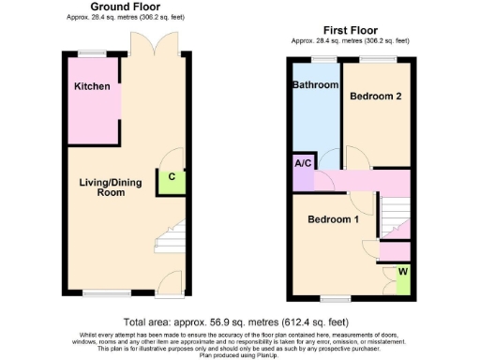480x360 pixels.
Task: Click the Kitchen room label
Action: (x=92, y=86)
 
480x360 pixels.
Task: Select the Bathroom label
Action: (x=315, y=85)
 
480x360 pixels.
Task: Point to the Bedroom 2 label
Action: (x=375, y=96)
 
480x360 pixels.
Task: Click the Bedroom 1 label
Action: (x=333, y=219)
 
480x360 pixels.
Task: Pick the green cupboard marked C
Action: (x=172, y=177)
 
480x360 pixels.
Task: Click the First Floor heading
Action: (x=351, y=30)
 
